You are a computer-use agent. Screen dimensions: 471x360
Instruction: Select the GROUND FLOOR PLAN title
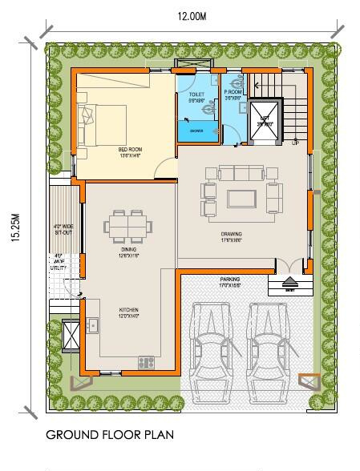coord(109,436)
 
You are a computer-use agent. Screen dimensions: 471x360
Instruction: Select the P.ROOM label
coord(233,94)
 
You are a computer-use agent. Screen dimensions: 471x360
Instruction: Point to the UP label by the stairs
coord(295,143)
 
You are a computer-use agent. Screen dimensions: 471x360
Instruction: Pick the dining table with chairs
coord(129,227)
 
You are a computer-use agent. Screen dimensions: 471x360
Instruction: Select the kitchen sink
coord(94,325)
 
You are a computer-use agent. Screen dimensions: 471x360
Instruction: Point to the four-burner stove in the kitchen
coord(146,362)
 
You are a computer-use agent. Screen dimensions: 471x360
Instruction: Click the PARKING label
coord(230,282)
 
